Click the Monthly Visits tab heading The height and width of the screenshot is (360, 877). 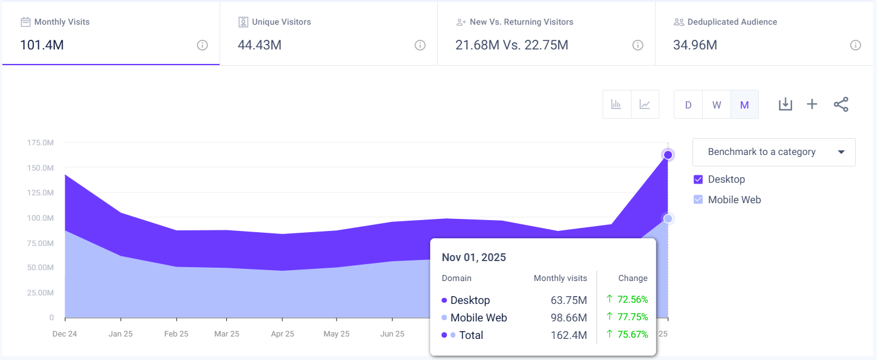[x=62, y=22]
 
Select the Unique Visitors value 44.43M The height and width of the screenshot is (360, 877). [x=259, y=45]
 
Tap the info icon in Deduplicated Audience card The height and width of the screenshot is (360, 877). [x=855, y=45]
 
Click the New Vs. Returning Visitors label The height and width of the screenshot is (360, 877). [x=521, y=22]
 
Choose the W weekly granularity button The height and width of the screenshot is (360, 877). [x=717, y=105]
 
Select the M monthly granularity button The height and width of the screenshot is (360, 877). [x=744, y=105]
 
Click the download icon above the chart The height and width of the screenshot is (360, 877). [x=785, y=104]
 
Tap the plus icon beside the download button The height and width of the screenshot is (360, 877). [x=812, y=104]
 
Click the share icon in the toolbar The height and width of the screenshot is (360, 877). [x=841, y=104]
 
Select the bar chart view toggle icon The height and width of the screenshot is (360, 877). [x=616, y=104]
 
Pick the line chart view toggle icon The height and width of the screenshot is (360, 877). [x=645, y=104]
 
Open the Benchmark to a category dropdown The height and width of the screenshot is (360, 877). [x=774, y=152]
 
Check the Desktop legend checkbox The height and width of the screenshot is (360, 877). [x=698, y=180]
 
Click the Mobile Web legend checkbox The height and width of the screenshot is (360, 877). [x=698, y=200]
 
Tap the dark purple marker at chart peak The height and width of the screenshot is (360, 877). [x=668, y=155]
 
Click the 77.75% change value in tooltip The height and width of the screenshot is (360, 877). [x=632, y=317]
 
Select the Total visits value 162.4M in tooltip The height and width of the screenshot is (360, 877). [x=569, y=335]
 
